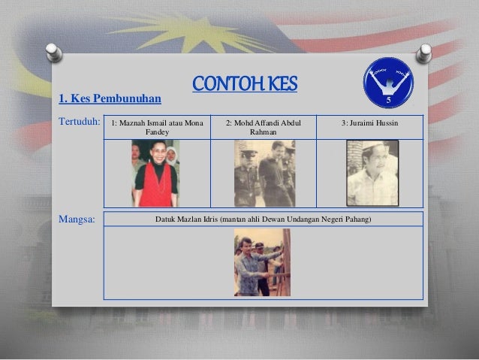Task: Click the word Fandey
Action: (x=157, y=132)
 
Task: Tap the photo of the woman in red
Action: (x=155, y=174)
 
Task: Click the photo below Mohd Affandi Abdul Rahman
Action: (x=264, y=174)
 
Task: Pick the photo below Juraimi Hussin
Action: (x=372, y=174)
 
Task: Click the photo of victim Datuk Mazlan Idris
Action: (x=262, y=262)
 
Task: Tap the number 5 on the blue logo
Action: (x=389, y=99)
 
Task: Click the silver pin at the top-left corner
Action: (x=53, y=53)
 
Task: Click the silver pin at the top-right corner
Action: (x=425, y=53)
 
